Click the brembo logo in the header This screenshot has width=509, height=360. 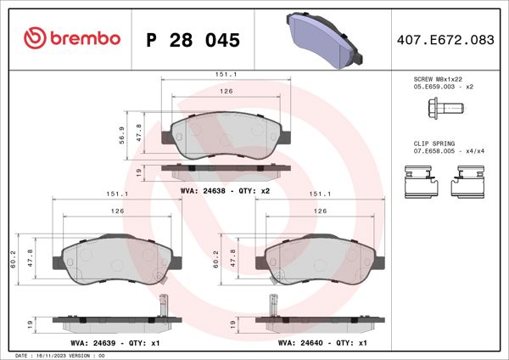(x=72, y=39)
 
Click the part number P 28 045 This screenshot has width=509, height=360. (x=193, y=40)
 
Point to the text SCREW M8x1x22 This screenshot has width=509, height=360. (x=434, y=79)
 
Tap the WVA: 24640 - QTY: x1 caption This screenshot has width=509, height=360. (x=322, y=345)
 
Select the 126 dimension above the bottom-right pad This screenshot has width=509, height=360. (x=322, y=211)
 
